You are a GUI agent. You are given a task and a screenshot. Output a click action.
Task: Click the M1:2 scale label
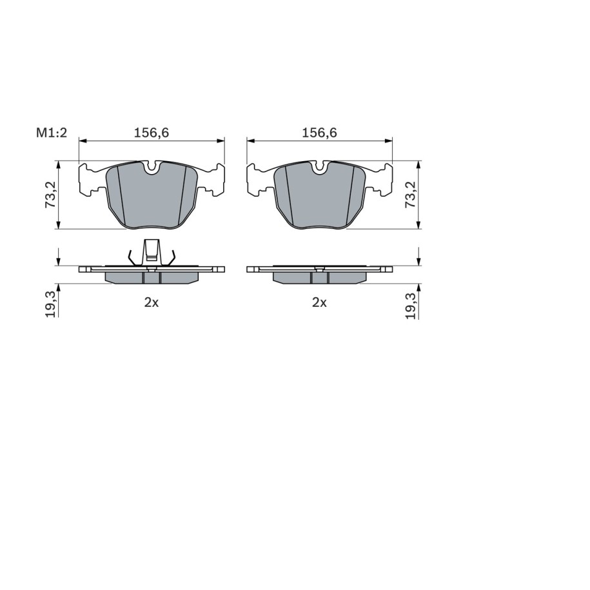point(51,133)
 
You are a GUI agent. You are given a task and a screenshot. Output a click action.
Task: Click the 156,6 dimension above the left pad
point(152,133)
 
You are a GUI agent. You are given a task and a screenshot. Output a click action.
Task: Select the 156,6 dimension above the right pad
point(319,133)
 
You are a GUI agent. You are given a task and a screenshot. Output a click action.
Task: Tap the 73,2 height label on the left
point(50,195)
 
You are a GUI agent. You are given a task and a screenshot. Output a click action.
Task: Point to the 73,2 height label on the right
point(410,195)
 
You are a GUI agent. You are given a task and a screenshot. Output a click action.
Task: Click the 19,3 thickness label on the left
point(50,305)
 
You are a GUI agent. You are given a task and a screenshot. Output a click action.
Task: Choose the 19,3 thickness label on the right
point(411,305)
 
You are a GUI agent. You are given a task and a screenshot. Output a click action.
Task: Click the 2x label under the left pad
point(152,302)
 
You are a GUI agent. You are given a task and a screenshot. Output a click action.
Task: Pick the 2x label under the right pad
point(319,302)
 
